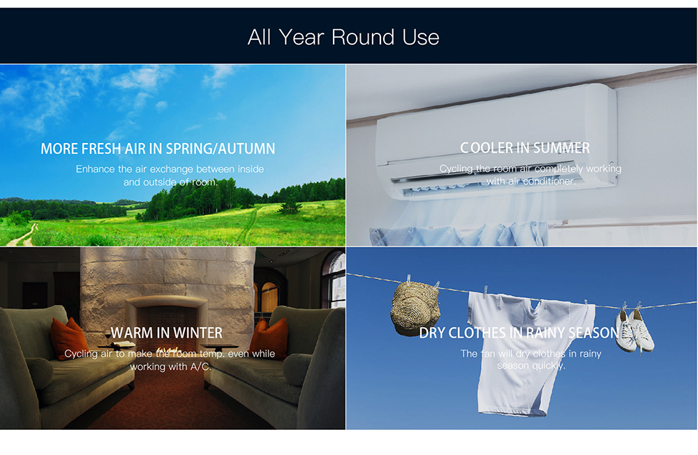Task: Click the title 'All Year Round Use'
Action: (x=343, y=37)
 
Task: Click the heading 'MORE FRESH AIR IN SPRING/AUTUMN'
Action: (x=158, y=148)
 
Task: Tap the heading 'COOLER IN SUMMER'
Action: (x=525, y=147)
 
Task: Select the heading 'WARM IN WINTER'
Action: (x=167, y=333)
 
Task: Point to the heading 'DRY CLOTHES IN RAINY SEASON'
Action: (x=519, y=333)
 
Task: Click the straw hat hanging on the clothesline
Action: (x=415, y=308)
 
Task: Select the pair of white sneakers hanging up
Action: (x=634, y=329)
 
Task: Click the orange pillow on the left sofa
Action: (x=69, y=339)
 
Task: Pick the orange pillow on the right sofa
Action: (x=269, y=339)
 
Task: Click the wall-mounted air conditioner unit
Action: (x=496, y=142)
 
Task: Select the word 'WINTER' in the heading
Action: (x=198, y=333)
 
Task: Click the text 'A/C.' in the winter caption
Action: (x=201, y=366)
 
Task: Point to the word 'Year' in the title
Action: (x=302, y=37)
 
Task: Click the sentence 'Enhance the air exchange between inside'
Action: (x=170, y=169)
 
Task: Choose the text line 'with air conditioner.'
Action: (x=530, y=181)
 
